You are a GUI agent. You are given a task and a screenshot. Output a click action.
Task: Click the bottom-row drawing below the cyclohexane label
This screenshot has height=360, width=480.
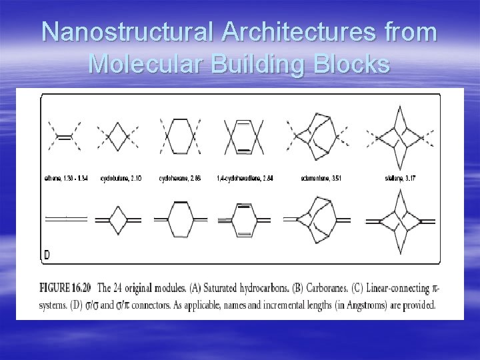(x=180, y=219)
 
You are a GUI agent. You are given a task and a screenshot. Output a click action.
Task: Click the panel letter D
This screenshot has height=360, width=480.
(x=46, y=255)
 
